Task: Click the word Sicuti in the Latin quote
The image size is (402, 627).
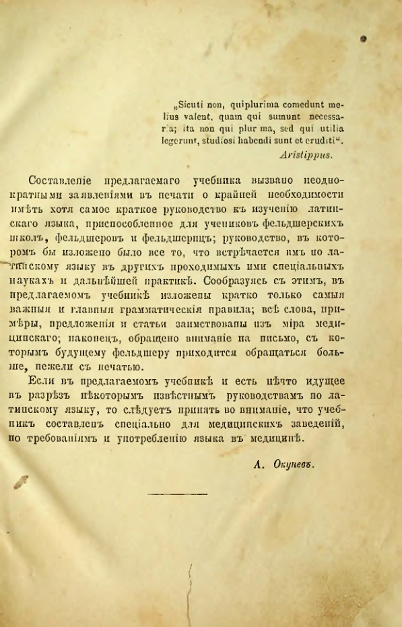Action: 191,104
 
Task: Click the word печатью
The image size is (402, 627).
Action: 114,366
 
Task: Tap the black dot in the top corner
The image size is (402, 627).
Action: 362,39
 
